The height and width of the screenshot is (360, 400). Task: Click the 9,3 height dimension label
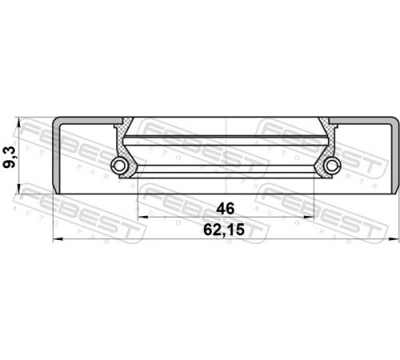[x=10, y=158]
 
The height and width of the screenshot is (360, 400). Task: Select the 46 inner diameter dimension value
[x=226, y=209]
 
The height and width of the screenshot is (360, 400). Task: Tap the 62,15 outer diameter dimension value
[x=224, y=230]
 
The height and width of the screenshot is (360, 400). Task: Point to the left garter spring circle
[x=120, y=166]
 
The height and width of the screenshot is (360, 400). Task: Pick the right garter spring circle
[x=333, y=166]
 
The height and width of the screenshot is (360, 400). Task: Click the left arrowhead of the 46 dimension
[x=142, y=217]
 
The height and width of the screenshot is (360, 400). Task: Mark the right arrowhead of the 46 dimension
[x=310, y=217]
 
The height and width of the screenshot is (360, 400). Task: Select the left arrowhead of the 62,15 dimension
[x=58, y=239]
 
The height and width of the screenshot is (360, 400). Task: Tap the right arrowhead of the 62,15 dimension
[x=394, y=239]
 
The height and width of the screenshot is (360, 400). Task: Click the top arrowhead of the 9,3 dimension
[x=18, y=122]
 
